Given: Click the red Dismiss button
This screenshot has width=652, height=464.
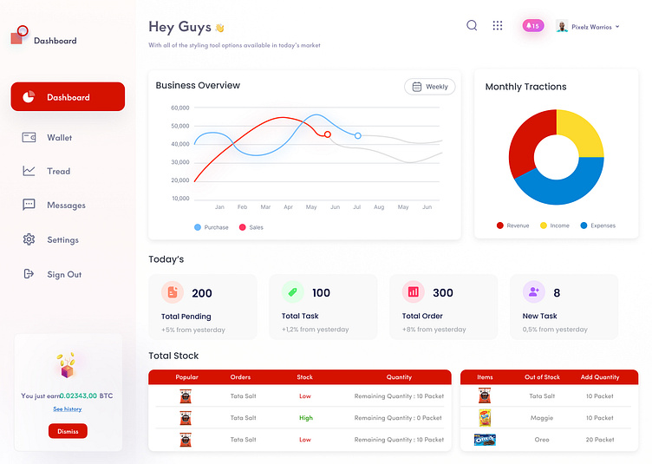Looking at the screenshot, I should pos(68,431).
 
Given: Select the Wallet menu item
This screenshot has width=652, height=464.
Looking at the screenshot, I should pos(59,137).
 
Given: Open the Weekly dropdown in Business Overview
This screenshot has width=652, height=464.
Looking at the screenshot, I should pos(429,87).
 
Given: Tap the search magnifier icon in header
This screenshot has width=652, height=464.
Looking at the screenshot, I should pos(472,26).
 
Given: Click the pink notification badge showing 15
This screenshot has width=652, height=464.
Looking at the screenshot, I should pos(532,26).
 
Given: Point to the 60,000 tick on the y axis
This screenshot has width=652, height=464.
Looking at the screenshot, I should pos(180,108).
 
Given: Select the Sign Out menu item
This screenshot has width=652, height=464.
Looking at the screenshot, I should pos(63,274).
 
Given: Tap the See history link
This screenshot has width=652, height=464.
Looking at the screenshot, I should pos(68,408).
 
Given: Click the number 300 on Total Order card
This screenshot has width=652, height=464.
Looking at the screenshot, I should pos(442,293).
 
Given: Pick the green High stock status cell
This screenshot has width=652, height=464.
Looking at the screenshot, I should pos(305,418).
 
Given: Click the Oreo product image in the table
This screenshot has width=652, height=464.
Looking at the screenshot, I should pos(485,440).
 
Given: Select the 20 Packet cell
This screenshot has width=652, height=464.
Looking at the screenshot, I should pos(599,440).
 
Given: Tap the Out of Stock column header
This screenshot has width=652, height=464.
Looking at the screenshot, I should pos(542,377).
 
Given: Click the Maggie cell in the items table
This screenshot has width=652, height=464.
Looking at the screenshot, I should pos(542,418).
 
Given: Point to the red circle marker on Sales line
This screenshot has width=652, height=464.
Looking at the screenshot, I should pos(327,134).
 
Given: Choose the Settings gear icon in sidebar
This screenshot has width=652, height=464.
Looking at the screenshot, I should pos(29,239).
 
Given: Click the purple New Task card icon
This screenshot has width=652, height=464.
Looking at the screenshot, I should pos(533,292).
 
